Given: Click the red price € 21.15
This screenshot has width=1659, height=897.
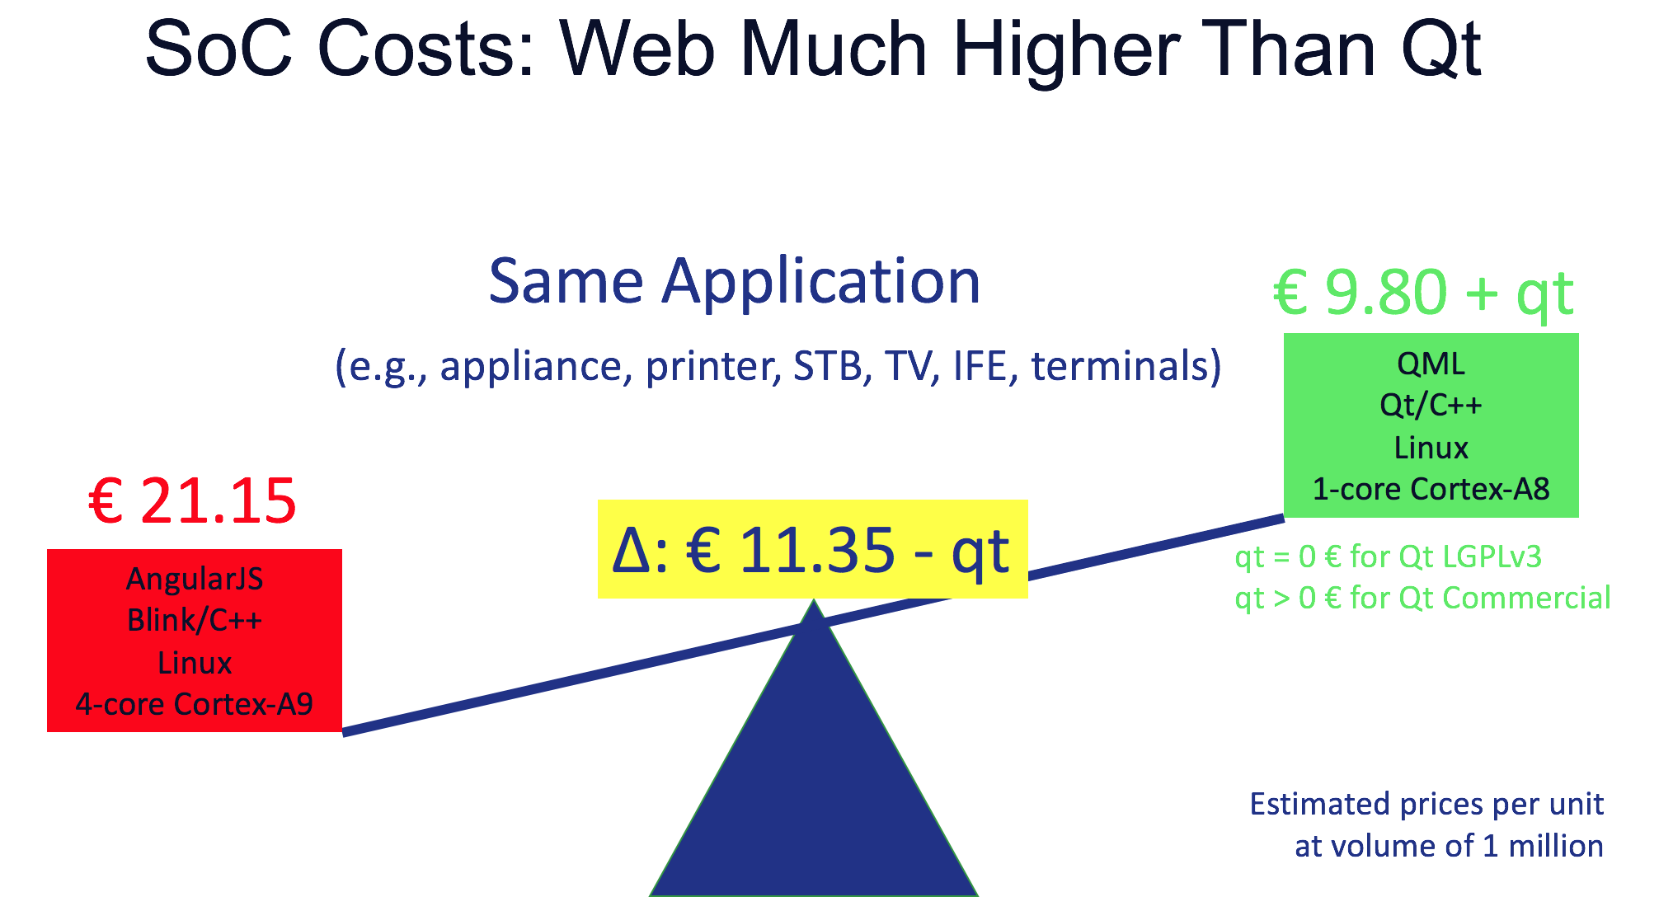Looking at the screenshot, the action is [x=192, y=501].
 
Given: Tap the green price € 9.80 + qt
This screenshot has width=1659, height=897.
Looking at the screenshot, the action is [x=1424, y=293].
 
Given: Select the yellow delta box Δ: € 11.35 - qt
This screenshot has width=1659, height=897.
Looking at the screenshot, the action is [x=812, y=549].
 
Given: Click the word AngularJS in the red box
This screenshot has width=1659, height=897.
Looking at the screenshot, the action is [x=195, y=579].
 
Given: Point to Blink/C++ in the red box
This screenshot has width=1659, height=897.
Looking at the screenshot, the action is [x=195, y=620].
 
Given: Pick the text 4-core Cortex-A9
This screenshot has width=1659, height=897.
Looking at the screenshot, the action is [x=195, y=704].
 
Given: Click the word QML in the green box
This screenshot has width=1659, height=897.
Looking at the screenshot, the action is [x=1431, y=364].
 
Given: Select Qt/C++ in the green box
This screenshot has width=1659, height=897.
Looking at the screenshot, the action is [x=1431, y=406].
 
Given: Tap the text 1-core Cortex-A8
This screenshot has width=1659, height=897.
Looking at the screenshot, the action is [x=1431, y=489].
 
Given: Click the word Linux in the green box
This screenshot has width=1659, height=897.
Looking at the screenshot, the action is [x=1431, y=448].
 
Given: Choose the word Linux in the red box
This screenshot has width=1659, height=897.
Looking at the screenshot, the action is [x=195, y=663].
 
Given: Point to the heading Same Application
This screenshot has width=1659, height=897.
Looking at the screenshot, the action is [x=735, y=281].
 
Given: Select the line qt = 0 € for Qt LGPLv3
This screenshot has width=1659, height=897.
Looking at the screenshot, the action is [x=1388, y=557].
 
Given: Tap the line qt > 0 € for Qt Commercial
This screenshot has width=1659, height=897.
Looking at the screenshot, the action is [x=1422, y=598].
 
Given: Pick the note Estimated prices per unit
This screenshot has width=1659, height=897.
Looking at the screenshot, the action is [x=1426, y=804].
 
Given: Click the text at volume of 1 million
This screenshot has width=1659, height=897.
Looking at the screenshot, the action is [x=1449, y=846].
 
